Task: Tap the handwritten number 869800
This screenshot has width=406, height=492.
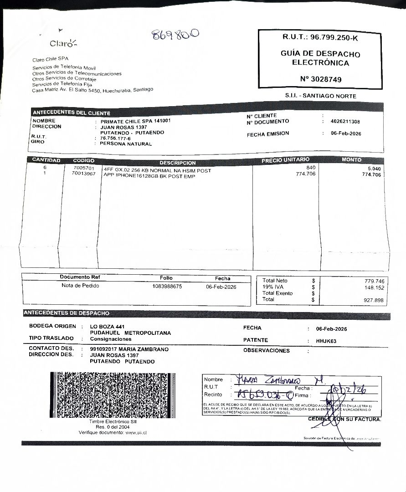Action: pos(176,36)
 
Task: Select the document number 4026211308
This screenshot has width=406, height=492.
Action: pos(345,122)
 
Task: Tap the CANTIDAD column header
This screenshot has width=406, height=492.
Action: pos(46,160)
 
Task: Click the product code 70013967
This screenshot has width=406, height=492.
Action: pos(84,174)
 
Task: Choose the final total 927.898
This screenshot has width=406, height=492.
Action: pos(374,300)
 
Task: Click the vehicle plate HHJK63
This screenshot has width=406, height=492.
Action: pos(326,341)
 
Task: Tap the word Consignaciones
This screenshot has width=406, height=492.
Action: pos(111,339)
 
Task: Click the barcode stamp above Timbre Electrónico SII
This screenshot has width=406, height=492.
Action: pos(112,395)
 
